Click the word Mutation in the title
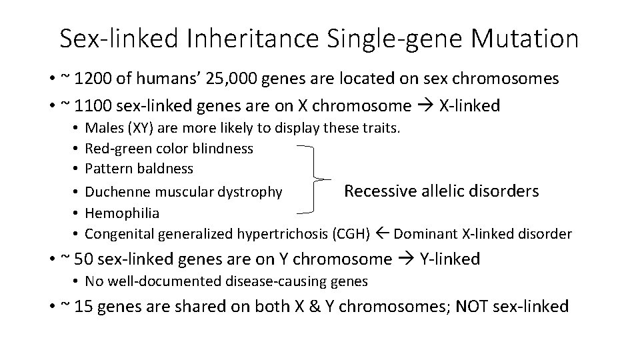point(525,39)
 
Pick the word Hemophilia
point(122,213)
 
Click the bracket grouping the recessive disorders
point(313,179)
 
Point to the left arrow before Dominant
point(383,233)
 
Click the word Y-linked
point(449,259)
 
